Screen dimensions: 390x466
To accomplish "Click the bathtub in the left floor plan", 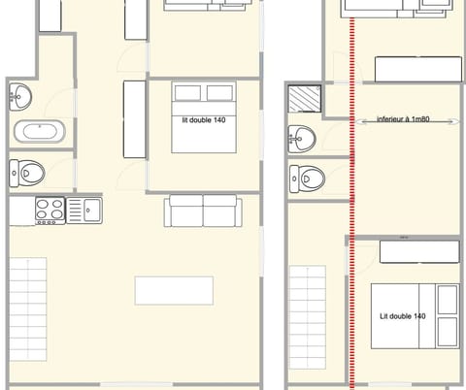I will tap(39, 132).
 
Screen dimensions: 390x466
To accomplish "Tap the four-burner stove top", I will tap(50, 210).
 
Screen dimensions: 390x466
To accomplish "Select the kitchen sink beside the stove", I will tap(91, 209).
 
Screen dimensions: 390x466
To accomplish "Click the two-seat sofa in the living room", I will tap(202, 210).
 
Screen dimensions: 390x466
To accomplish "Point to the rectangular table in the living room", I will tap(174, 290).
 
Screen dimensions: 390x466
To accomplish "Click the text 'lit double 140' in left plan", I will tap(204, 121).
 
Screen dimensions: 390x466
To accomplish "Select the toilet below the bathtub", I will tap(29, 173).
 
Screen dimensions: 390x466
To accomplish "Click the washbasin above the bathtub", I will tap(20, 96).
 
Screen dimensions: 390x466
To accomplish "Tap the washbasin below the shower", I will tap(303, 139).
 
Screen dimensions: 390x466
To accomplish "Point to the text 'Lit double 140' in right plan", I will tap(402, 316).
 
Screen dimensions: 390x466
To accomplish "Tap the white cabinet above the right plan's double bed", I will tap(418, 251).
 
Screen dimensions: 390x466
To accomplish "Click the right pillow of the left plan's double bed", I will tap(220, 93).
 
